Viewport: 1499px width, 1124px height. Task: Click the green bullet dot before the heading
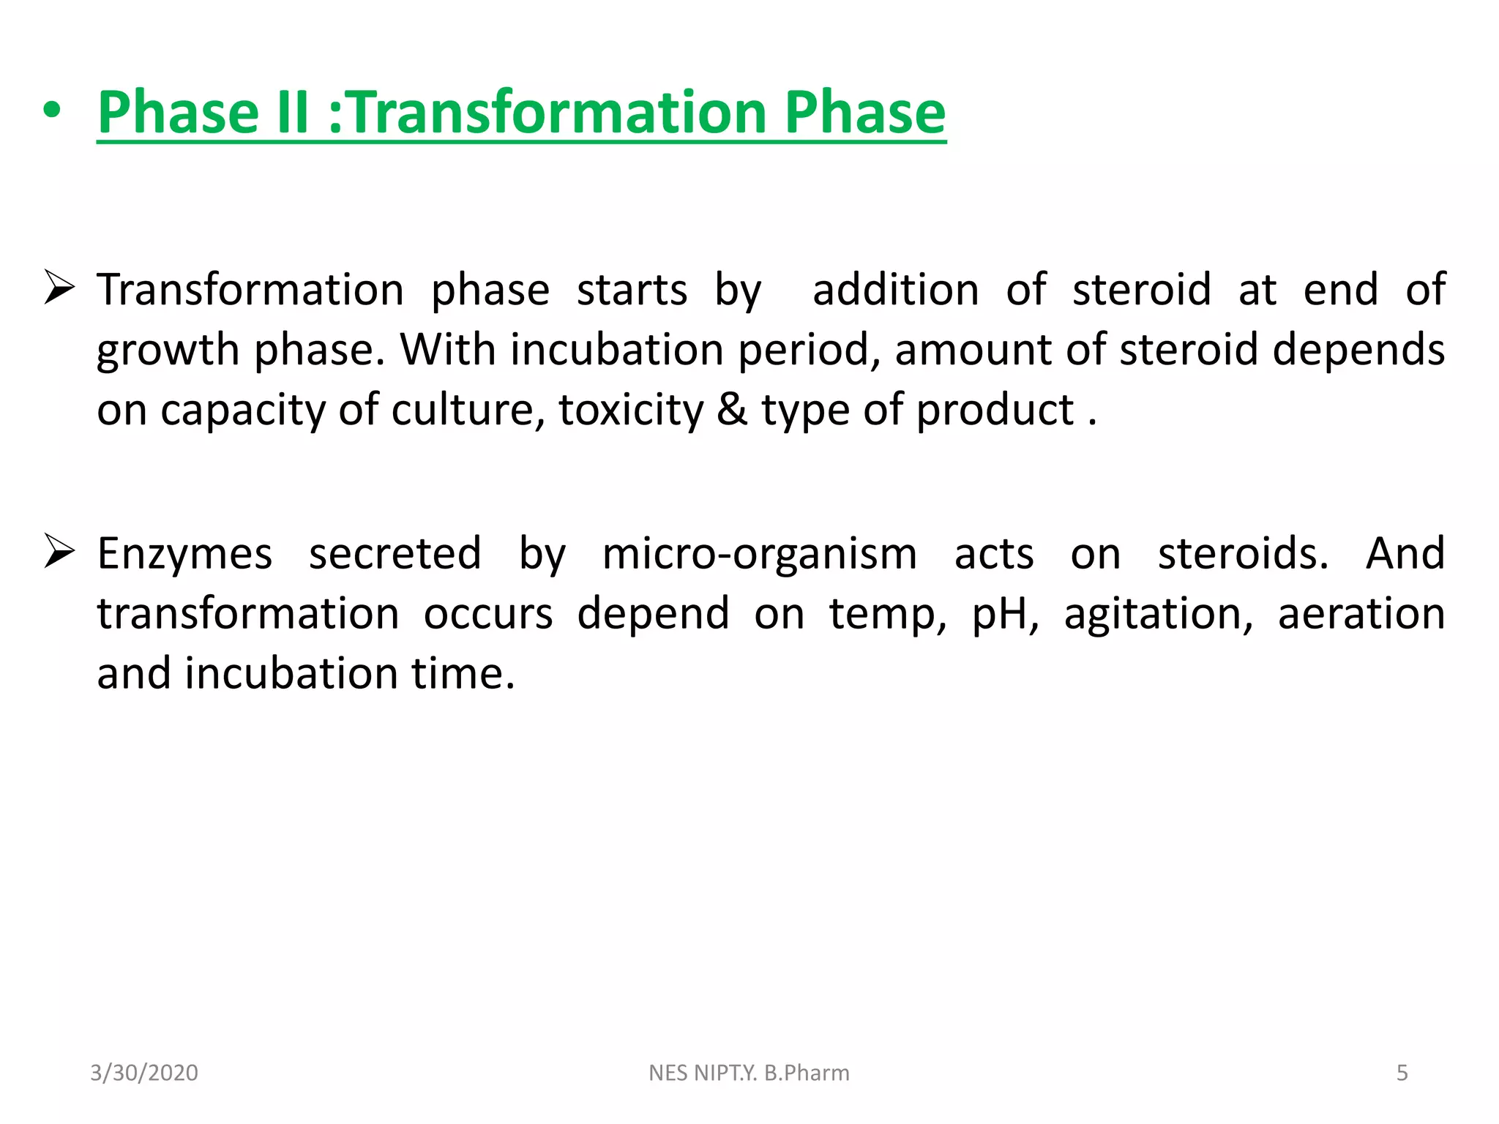(x=52, y=112)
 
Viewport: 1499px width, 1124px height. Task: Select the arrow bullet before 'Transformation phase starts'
(x=59, y=287)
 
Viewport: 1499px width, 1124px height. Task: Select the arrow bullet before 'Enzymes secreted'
(x=59, y=551)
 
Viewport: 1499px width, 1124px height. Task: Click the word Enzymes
(x=184, y=554)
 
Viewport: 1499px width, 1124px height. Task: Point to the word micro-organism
(x=759, y=554)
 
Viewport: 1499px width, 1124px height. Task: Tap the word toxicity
(x=630, y=411)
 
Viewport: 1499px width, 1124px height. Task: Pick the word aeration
(x=1361, y=614)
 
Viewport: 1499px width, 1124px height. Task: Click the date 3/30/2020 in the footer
(x=144, y=1073)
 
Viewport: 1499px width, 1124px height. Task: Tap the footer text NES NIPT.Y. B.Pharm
(x=749, y=1073)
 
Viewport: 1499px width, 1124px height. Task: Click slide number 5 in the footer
(x=1402, y=1073)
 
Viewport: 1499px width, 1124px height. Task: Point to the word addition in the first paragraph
(x=895, y=289)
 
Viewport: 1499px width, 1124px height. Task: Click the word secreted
(x=395, y=554)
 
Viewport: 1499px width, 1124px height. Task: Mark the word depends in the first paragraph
(x=1358, y=351)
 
